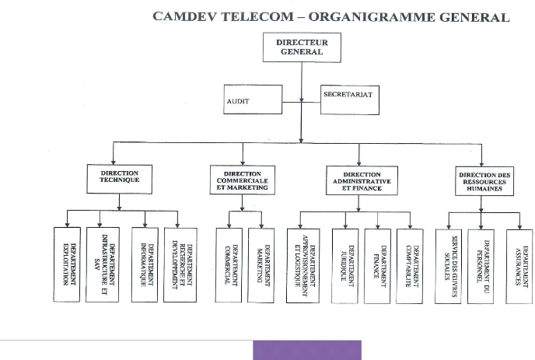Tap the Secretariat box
[x=349, y=99]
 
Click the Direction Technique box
[x=119, y=178]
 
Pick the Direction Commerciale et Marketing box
[x=242, y=180]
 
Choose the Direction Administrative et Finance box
[x=361, y=180]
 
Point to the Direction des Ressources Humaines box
[x=484, y=180]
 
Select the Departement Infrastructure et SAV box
[x=102, y=264]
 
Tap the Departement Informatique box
[x=145, y=264]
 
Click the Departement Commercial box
[x=228, y=265]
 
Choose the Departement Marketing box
[x=261, y=265]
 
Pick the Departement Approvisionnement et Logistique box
[x=302, y=265]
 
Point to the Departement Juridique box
[x=344, y=265]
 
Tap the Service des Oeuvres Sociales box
[x=449, y=265]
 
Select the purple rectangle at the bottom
[x=306, y=350]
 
